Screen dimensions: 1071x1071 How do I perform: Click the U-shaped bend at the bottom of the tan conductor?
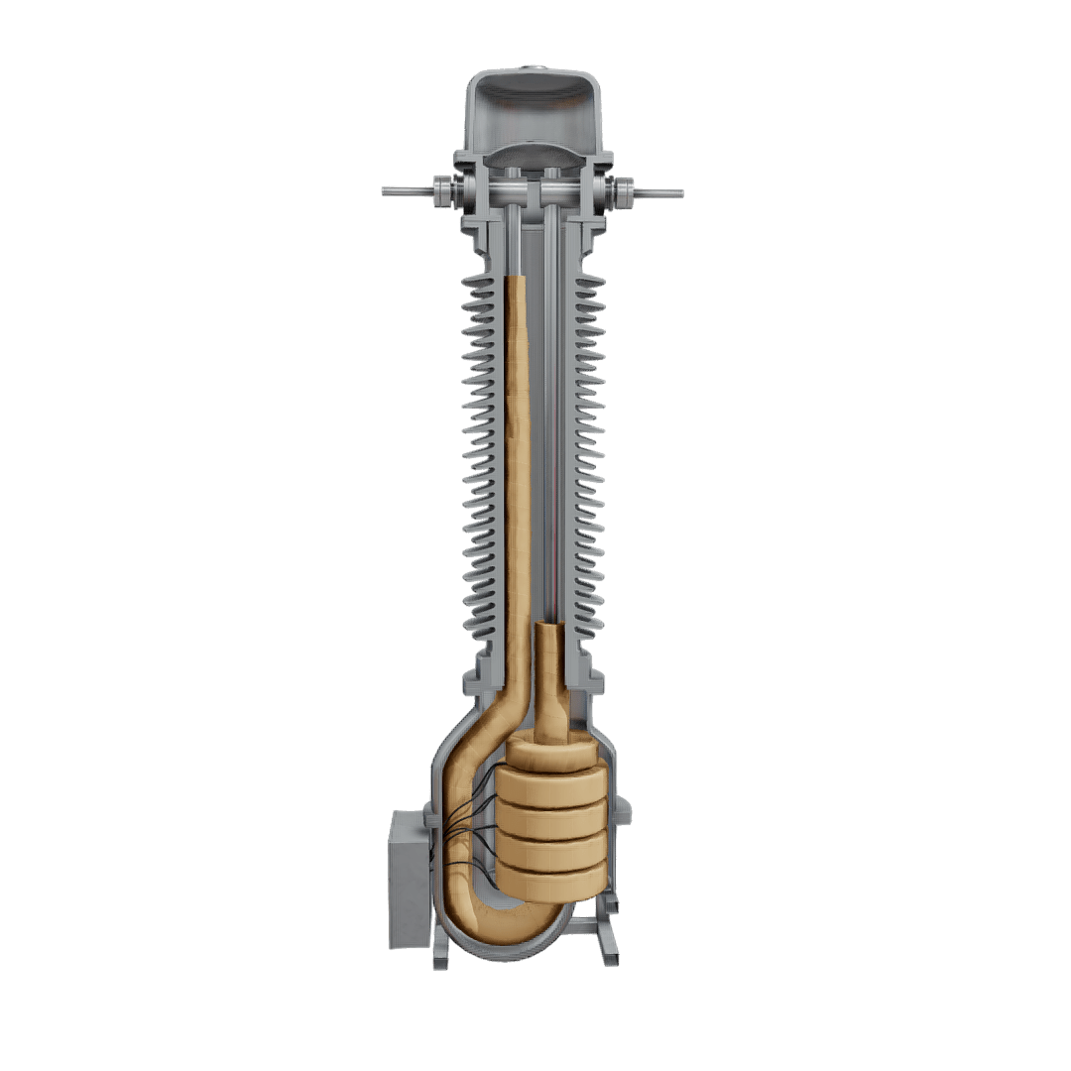click(x=496, y=917)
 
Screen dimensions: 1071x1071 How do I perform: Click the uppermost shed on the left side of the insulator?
click(x=478, y=282)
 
